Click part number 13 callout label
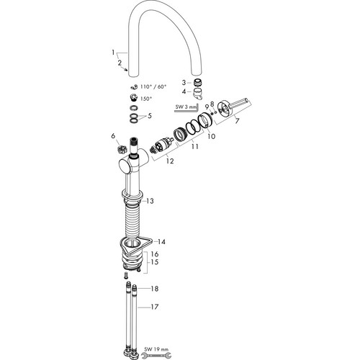[150, 201]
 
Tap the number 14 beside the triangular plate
[161, 242]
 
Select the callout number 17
[155, 307]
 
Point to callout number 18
[155, 289]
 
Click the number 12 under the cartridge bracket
[170, 161]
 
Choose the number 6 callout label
[113, 136]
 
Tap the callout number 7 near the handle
[237, 121]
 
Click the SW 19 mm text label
[156, 349]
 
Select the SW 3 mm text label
[186, 107]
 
